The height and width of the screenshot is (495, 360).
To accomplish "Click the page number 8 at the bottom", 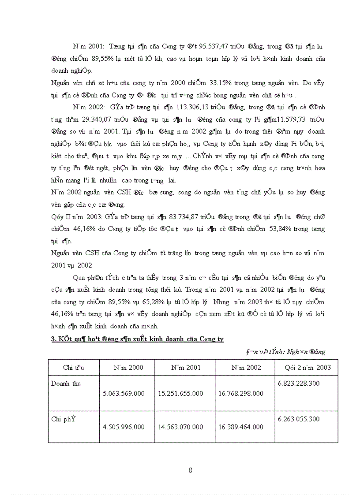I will coord(190,470).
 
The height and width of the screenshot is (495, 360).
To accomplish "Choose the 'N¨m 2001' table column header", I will coord(184,367).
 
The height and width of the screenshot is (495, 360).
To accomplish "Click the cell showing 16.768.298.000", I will coord(241,393).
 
